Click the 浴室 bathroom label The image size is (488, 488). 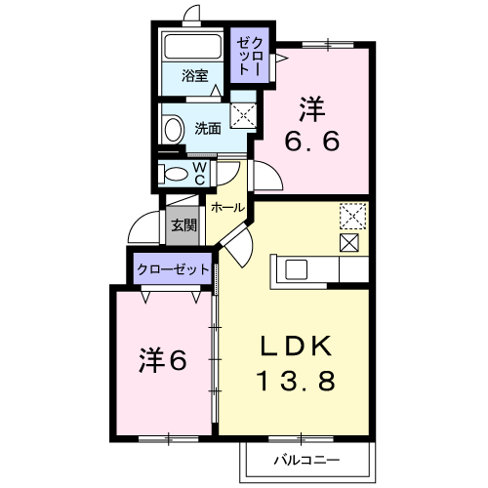click(194, 75)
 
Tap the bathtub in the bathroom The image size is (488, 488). click(193, 46)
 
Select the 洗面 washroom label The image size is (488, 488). click(208, 129)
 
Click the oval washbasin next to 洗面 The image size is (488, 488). click(173, 130)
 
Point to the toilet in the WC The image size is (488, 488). click(173, 174)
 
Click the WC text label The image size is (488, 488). click(199, 174)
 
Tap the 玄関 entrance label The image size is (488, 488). click(184, 224)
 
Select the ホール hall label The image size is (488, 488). click(227, 207)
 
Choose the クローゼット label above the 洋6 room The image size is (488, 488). click(173, 269)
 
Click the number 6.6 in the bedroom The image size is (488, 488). click(312, 141)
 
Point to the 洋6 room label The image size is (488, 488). click(163, 360)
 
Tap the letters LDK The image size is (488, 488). click(296, 346)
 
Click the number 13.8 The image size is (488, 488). click(296, 381)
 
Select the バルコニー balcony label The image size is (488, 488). click(306, 460)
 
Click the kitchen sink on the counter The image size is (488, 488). click(296, 269)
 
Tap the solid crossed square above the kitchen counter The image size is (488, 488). click(349, 242)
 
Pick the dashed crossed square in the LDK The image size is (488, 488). click(352, 216)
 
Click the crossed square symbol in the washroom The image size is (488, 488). click(243, 115)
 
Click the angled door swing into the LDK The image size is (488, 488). click(237, 246)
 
